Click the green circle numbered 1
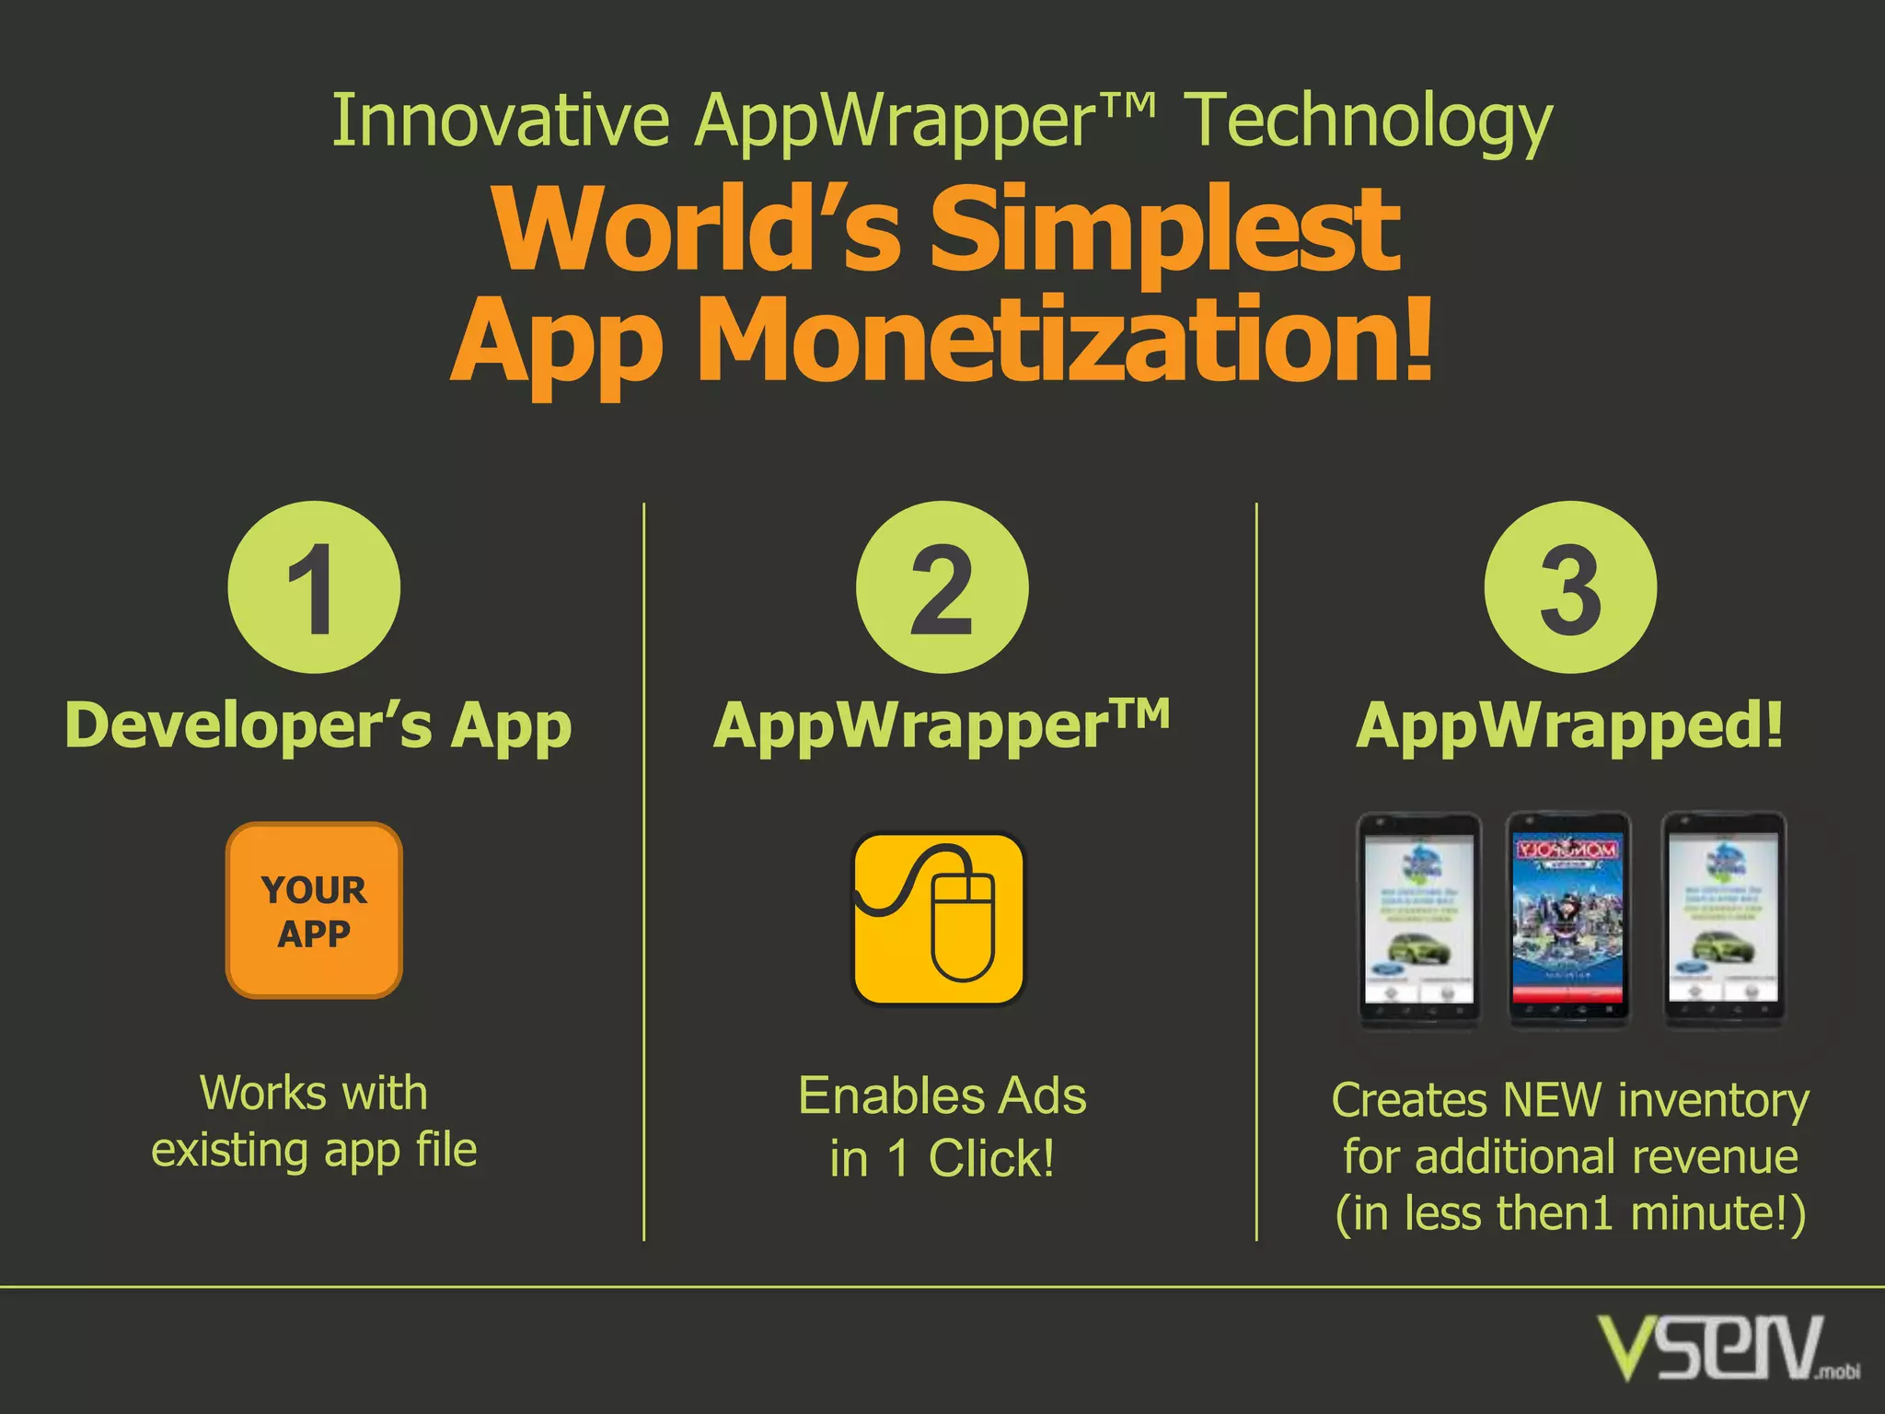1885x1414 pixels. coord(314,587)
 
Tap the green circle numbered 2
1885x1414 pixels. coord(942,587)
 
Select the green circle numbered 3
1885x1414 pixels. coord(1570,587)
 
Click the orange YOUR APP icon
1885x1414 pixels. coord(314,910)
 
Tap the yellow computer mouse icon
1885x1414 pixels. coord(938,919)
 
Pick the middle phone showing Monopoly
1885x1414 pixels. coord(1568,920)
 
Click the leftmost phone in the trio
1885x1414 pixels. coord(1419,920)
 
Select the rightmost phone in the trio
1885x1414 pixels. coord(1724,920)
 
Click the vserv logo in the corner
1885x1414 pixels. coord(1727,1349)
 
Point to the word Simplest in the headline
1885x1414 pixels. coord(1164,230)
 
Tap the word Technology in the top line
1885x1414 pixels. coord(1368,122)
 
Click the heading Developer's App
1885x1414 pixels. coord(318,727)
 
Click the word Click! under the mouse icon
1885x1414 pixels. coord(991,1159)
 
